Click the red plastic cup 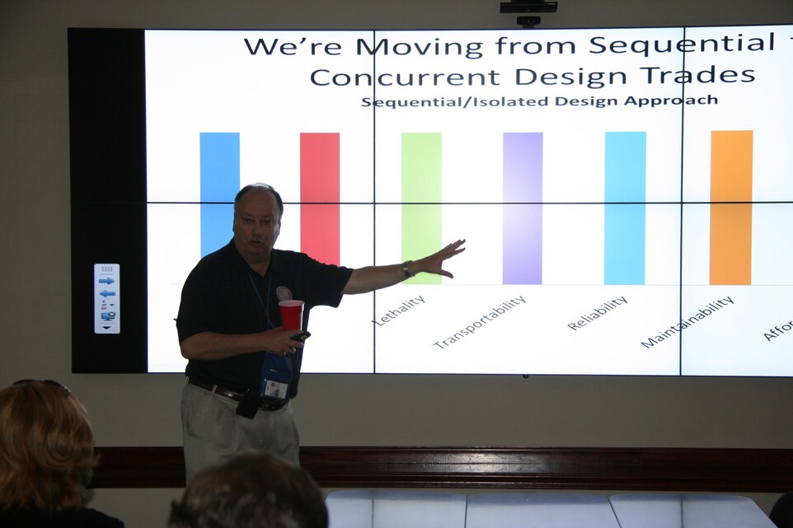290,315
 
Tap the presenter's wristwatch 407,269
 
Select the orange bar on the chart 731,207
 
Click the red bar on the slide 320,198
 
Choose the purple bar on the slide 523,207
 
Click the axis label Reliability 597,313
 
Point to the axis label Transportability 479,322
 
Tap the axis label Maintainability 687,322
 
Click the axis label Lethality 399,310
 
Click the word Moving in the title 418,47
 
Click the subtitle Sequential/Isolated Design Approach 539,101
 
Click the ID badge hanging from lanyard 275,387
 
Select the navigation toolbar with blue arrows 107,298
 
